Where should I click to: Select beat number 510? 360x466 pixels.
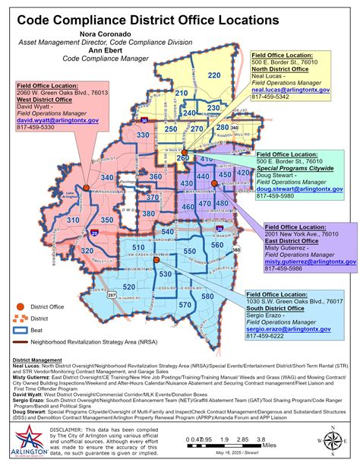(137, 248)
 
